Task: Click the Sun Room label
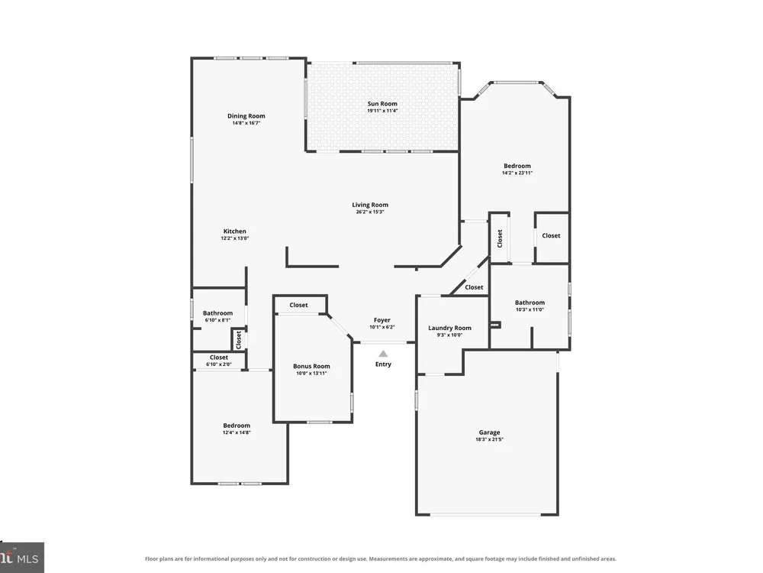click(x=382, y=104)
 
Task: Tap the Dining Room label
click(x=246, y=116)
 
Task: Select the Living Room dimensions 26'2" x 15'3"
click(x=370, y=212)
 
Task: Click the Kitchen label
click(x=234, y=231)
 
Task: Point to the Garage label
click(x=489, y=432)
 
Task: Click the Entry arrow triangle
click(x=384, y=354)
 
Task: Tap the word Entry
click(x=383, y=364)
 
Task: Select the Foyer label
click(x=382, y=320)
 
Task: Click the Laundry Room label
click(x=449, y=328)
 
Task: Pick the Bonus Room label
click(x=311, y=367)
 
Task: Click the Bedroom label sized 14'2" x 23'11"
click(x=517, y=166)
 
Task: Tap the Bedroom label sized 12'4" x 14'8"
click(x=237, y=426)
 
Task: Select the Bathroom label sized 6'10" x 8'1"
click(x=217, y=313)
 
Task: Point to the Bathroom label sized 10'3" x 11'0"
click(x=530, y=303)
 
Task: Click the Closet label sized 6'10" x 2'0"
click(x=219, y=357)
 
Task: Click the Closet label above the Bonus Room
click(x=299, y=305)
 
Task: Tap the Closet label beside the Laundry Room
click(x=474, y=287)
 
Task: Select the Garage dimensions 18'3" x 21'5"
click(x=490, y=439)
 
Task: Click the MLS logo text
click(x=27, y=558)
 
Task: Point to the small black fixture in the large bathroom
click(x=495, y=325)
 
